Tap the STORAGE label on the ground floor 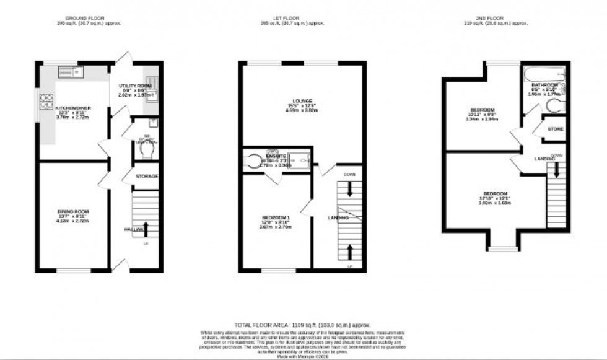(147, 177)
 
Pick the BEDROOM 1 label (277, 217)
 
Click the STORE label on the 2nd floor (556, 129)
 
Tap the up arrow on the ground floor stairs (146, 227)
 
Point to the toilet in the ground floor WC (138, 151)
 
